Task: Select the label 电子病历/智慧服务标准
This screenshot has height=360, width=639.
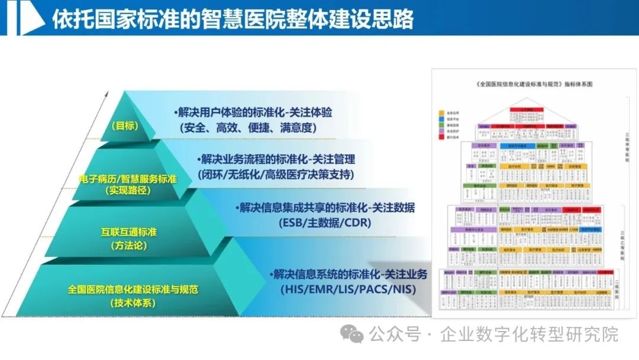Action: [128, 178]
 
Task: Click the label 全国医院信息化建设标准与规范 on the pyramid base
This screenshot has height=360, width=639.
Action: [133, 290]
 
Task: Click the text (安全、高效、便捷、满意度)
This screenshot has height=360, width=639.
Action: [248, 127]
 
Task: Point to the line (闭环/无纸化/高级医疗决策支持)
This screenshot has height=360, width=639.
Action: [276, 174]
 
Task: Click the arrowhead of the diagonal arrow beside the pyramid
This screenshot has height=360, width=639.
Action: [106, 94]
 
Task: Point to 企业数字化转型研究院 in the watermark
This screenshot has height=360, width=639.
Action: [529, 335]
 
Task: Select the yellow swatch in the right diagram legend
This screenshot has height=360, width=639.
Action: [442, 112]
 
